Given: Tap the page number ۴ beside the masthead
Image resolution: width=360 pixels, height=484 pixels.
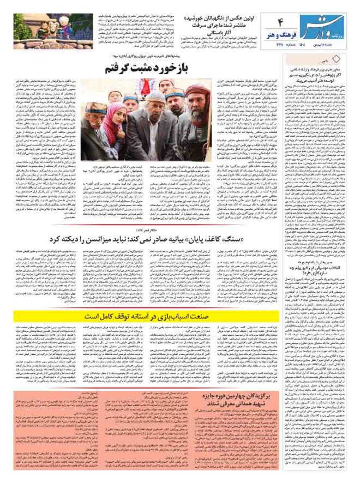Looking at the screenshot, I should tap(283, 22).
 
